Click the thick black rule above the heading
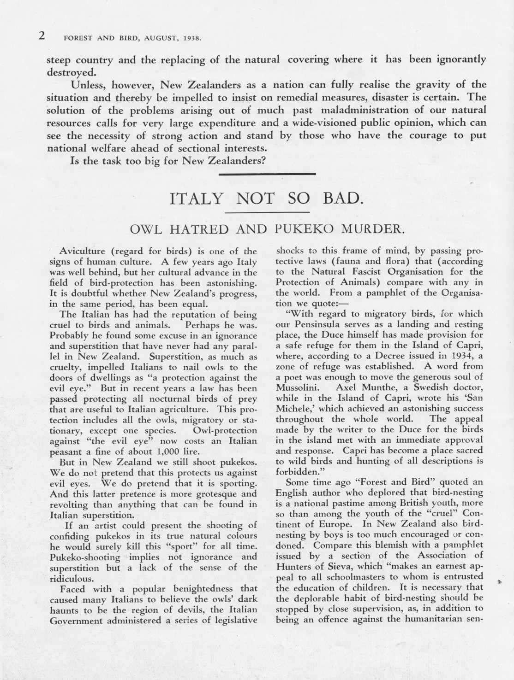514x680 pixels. (267, 174)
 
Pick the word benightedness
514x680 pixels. (188, 589)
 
